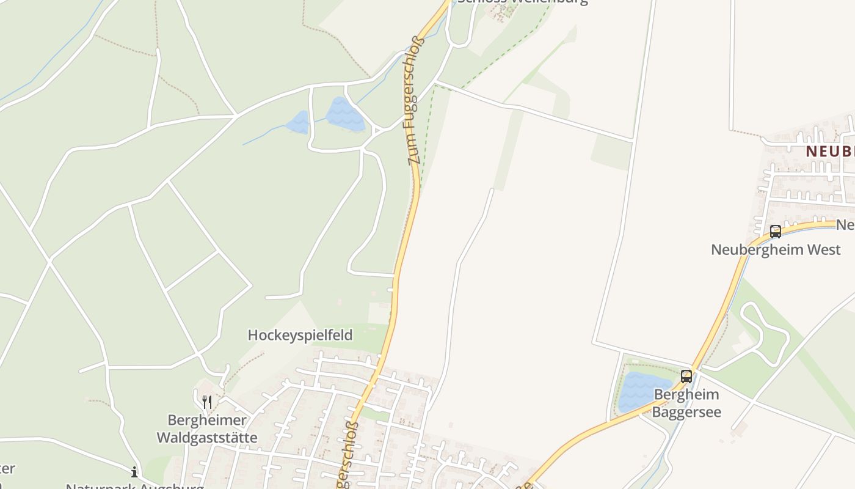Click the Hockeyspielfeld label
300,335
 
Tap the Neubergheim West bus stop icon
775,232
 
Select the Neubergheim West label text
776,249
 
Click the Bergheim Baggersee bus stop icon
686,376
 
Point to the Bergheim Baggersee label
686,403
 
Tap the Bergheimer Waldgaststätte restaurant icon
207,402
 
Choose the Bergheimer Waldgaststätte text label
207,429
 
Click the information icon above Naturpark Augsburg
134,472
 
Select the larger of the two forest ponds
345,114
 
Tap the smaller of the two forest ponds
298,122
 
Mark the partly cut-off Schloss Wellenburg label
522,2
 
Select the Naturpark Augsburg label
134,487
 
